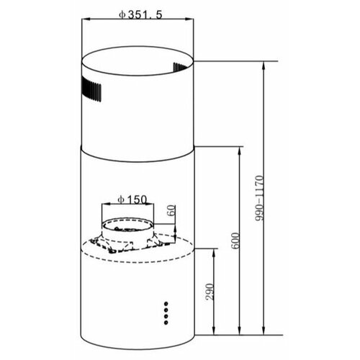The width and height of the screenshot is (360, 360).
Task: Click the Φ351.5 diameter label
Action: [x=140, y=15]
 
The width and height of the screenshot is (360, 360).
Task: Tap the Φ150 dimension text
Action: [x=132, y=199]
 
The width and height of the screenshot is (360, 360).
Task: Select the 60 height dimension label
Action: [x=172, y=210]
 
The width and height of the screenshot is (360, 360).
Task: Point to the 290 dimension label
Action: [x=209, y=292]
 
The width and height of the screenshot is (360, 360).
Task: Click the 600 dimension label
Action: [x=235, y=241]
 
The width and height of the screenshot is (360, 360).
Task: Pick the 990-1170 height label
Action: [x=259, y=198]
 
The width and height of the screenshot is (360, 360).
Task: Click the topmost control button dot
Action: [x=166, y=303]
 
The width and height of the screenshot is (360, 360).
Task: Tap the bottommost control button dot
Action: [x=166, y=323]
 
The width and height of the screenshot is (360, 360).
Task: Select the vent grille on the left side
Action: [x=91, y=89]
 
